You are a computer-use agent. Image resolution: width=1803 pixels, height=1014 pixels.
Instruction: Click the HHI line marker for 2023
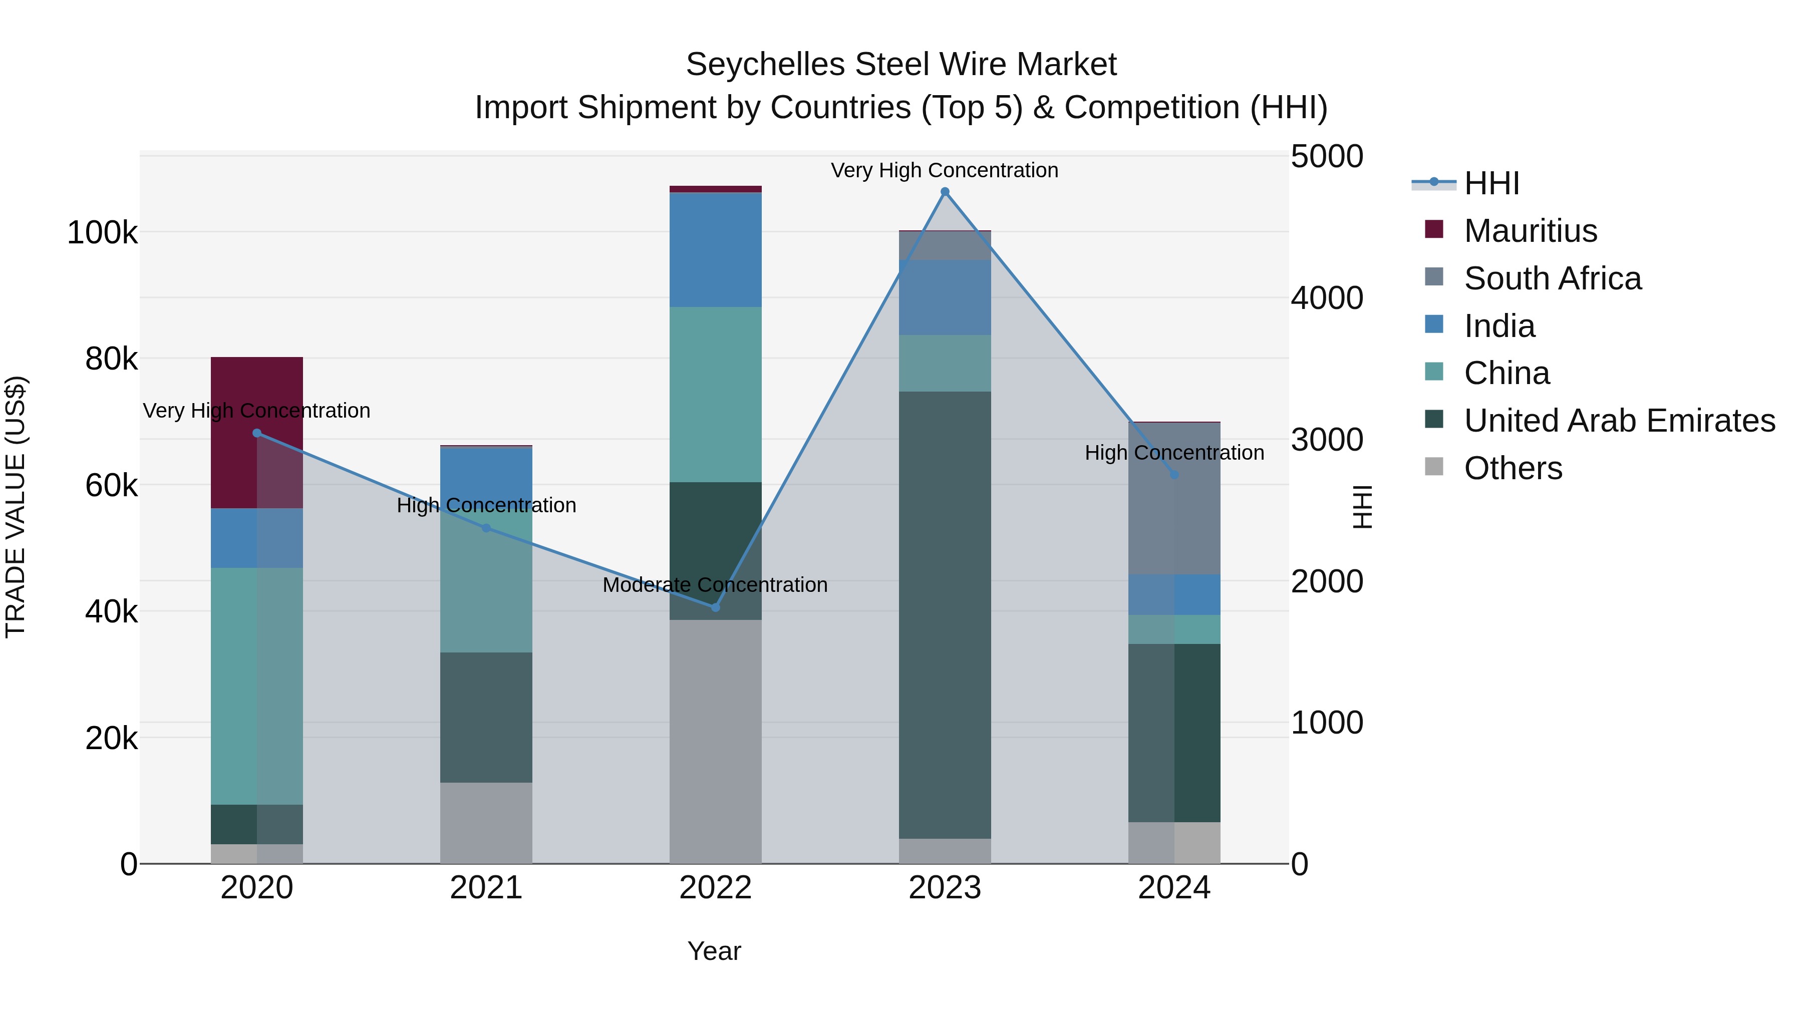(x=945, y=192)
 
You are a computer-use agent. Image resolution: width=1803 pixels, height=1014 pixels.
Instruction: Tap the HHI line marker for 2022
(x=715, y=607)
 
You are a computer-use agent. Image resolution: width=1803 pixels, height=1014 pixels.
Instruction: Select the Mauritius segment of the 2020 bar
(x=257, y=392)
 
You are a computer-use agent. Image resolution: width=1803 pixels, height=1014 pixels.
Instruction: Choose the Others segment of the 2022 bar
(x=715, y=742)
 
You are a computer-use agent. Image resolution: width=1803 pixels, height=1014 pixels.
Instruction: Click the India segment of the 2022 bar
(x=715, y=250)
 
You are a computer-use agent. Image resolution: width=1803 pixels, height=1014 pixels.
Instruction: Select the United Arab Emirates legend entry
(x=1619, y=421)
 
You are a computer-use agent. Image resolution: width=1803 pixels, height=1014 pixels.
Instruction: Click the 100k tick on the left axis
(x=102, y=232)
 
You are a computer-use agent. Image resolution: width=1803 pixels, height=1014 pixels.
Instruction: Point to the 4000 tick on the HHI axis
(x=1326, y=298)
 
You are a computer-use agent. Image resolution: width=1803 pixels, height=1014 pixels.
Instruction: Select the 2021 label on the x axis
(x=486, y=888)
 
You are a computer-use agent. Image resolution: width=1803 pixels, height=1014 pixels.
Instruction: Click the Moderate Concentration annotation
(x=715, y=585)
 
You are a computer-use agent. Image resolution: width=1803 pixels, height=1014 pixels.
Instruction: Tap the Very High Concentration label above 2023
(x=944, y=170)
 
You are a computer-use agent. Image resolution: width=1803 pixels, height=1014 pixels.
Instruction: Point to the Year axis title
(x=714, y=951)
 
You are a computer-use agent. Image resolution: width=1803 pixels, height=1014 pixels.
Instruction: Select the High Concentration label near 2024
(x=1174, y=453)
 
